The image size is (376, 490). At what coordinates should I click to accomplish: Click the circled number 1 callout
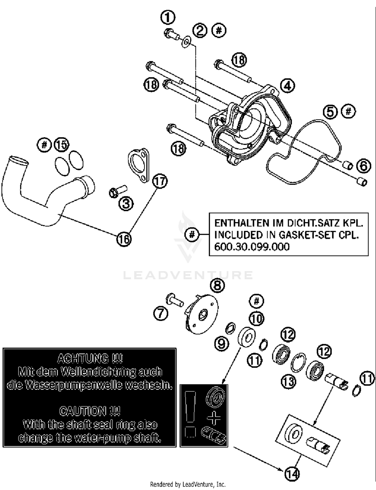(168, 18)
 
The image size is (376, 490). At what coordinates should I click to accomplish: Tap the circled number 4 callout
(288, 86)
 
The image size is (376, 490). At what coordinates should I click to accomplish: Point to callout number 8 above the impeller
(217, 286)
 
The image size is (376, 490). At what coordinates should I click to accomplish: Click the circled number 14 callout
(292, 474)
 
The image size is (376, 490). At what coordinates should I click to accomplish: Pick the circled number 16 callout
(124, 239)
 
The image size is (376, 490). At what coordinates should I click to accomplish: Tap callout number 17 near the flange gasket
(160, 181)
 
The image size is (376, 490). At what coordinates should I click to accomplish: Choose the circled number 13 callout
(289, 382)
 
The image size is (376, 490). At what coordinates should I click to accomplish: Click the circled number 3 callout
(126, 203)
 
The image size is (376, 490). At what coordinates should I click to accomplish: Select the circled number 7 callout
(161, 313)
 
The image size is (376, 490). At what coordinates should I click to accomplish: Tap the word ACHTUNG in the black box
(89, 359)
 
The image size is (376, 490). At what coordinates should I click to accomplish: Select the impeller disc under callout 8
(202, 314)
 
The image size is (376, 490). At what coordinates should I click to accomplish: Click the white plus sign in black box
(214, 418)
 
